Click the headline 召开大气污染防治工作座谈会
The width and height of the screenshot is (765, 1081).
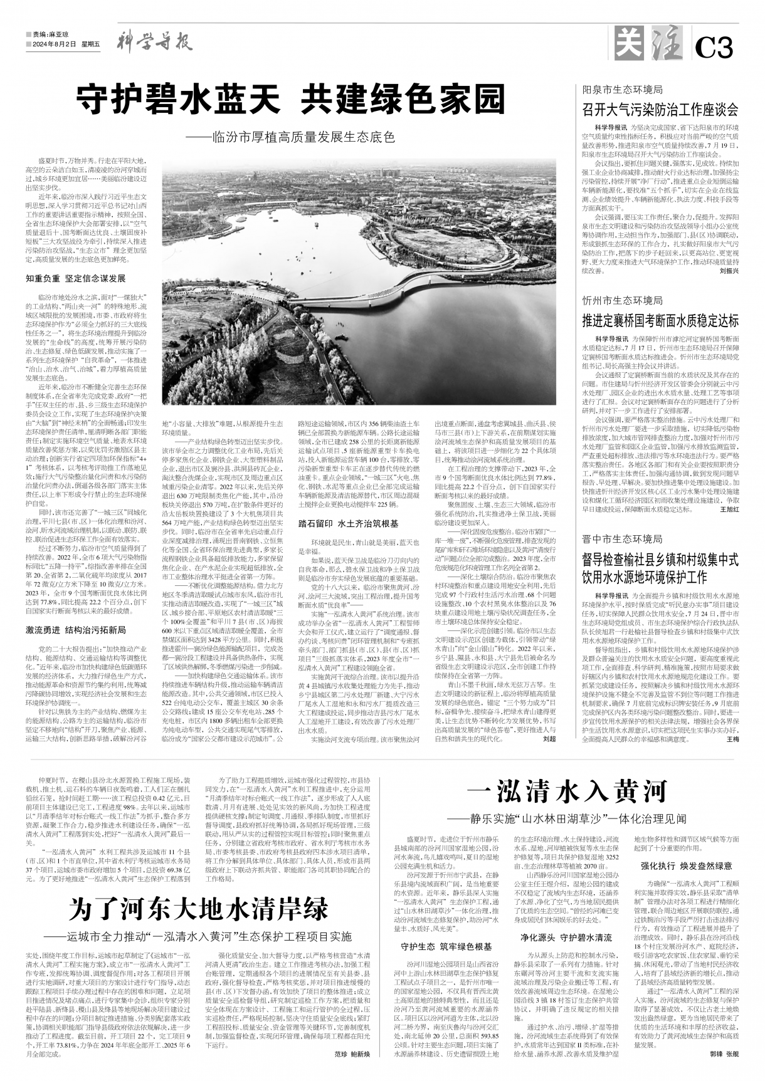coord(660,110)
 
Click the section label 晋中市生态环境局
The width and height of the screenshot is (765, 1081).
coord(622,521)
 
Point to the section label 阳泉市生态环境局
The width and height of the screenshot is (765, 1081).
coord(622,90)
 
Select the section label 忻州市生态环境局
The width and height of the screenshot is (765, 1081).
coord(622,301)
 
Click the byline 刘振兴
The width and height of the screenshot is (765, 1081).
coord(729,254)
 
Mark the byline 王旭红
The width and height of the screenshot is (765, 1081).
coord(729,492)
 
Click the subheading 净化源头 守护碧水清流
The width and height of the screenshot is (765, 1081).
coord(566,937)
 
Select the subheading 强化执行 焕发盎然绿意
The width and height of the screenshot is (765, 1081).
coord(685,866)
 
